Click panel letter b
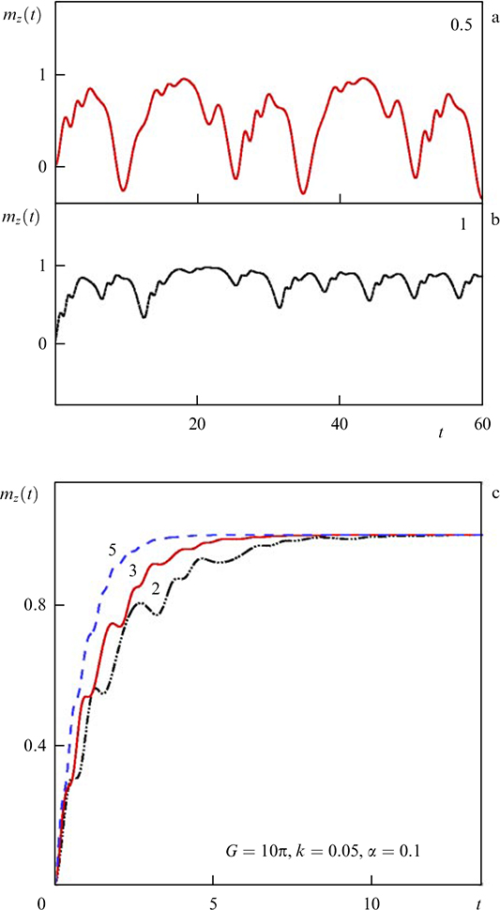click(491, 222)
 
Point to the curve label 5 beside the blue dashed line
click(112, 551)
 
